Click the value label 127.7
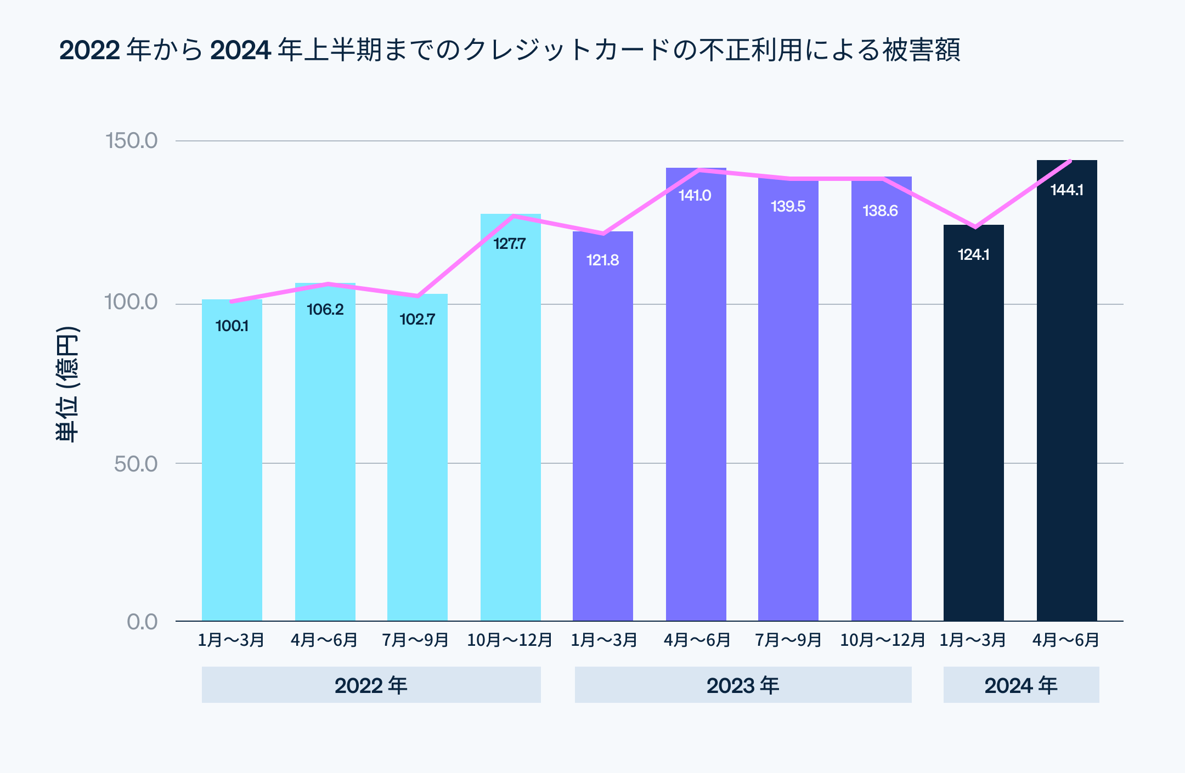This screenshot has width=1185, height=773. [x=509, y=243]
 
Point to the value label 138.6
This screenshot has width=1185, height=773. [x=880, y=211]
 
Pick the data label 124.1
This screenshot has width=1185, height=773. [x=973, y=254]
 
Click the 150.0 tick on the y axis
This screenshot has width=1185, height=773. [x=131, y=140]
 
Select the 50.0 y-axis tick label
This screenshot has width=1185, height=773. [x=136, y=464]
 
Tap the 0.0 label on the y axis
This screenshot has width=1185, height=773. [x=142, y=622]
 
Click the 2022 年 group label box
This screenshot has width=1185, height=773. [x=371, y=685]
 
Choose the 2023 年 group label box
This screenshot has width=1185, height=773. [x=743, y=685]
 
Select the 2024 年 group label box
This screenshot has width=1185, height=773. [x=1021, y=685]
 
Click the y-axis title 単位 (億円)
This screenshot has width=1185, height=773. [x=67, y=384]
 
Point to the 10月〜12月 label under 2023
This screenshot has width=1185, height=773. [x=882, y=640]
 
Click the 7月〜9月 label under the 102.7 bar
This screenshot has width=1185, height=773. [x=415, y=640]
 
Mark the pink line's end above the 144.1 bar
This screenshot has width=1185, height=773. [x=1070, y=161]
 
